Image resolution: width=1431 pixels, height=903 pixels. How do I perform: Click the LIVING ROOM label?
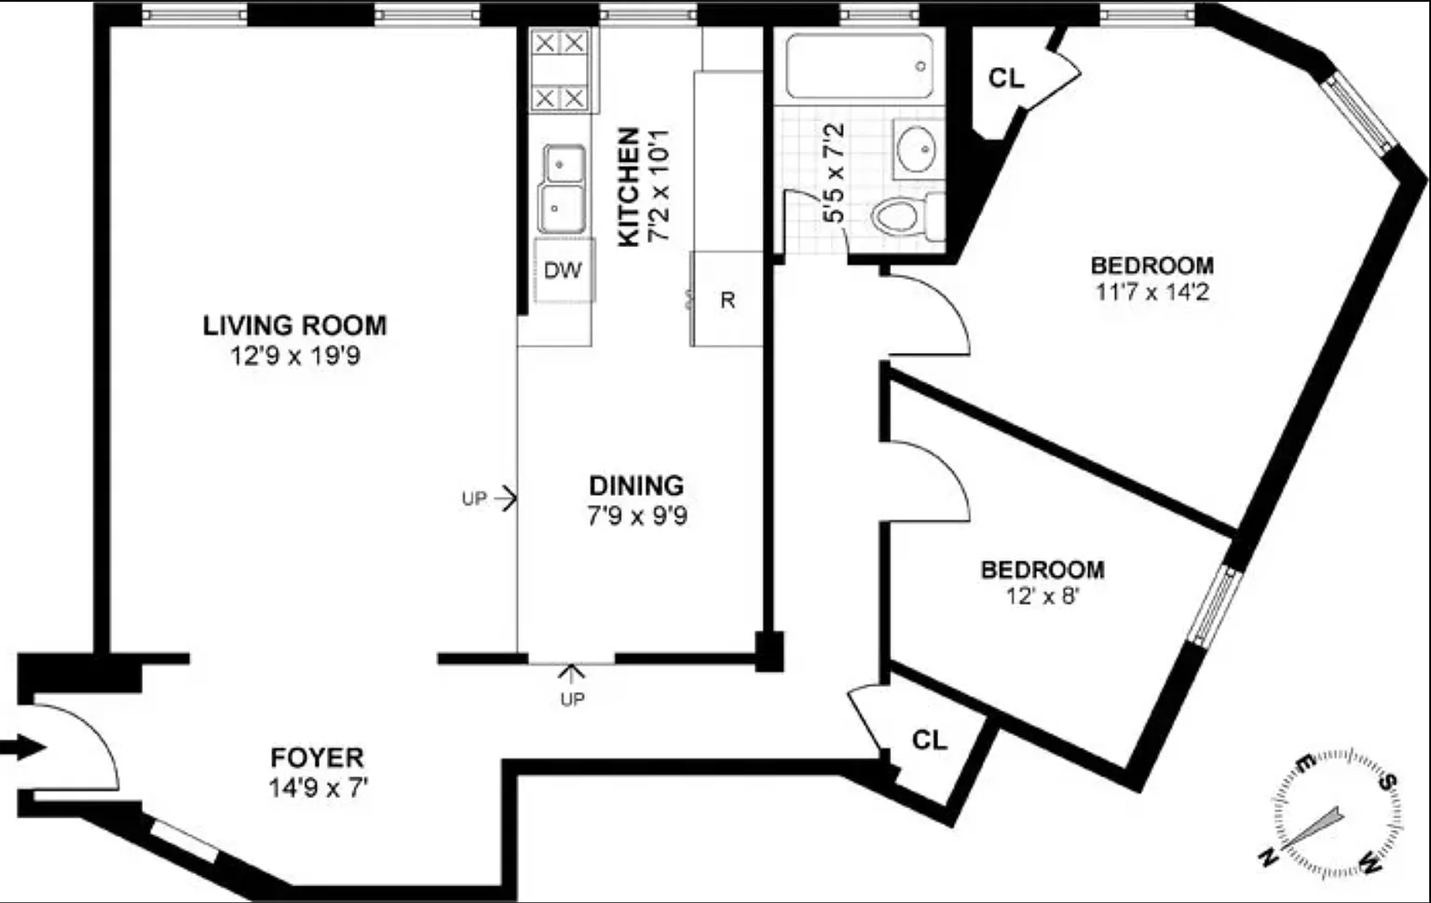pos(294,325)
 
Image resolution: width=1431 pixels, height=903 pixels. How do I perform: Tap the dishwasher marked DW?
pos(565,269)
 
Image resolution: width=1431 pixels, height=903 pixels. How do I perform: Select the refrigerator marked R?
pos(727,298)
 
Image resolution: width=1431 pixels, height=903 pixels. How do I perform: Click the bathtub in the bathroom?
pos(860,66)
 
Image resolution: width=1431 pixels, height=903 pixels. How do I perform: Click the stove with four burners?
pos(560,70)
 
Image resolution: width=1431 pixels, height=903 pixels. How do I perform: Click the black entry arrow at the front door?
pos(23,747)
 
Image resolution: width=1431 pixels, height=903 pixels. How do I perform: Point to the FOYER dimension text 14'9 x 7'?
pos(319,788)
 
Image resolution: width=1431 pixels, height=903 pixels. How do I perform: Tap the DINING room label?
pos(636,486)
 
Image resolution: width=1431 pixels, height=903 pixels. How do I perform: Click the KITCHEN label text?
pos(629,186)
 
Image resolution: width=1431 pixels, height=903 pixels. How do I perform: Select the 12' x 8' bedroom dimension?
pos(1043,596)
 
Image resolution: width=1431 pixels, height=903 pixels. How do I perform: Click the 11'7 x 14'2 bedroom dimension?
pos(1152,292)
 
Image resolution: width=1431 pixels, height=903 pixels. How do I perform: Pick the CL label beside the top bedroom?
pos(1006,78)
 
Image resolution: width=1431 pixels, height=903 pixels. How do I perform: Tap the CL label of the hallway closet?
pos(930,740)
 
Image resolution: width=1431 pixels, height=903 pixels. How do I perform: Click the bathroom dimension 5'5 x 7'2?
pos(834,172)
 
